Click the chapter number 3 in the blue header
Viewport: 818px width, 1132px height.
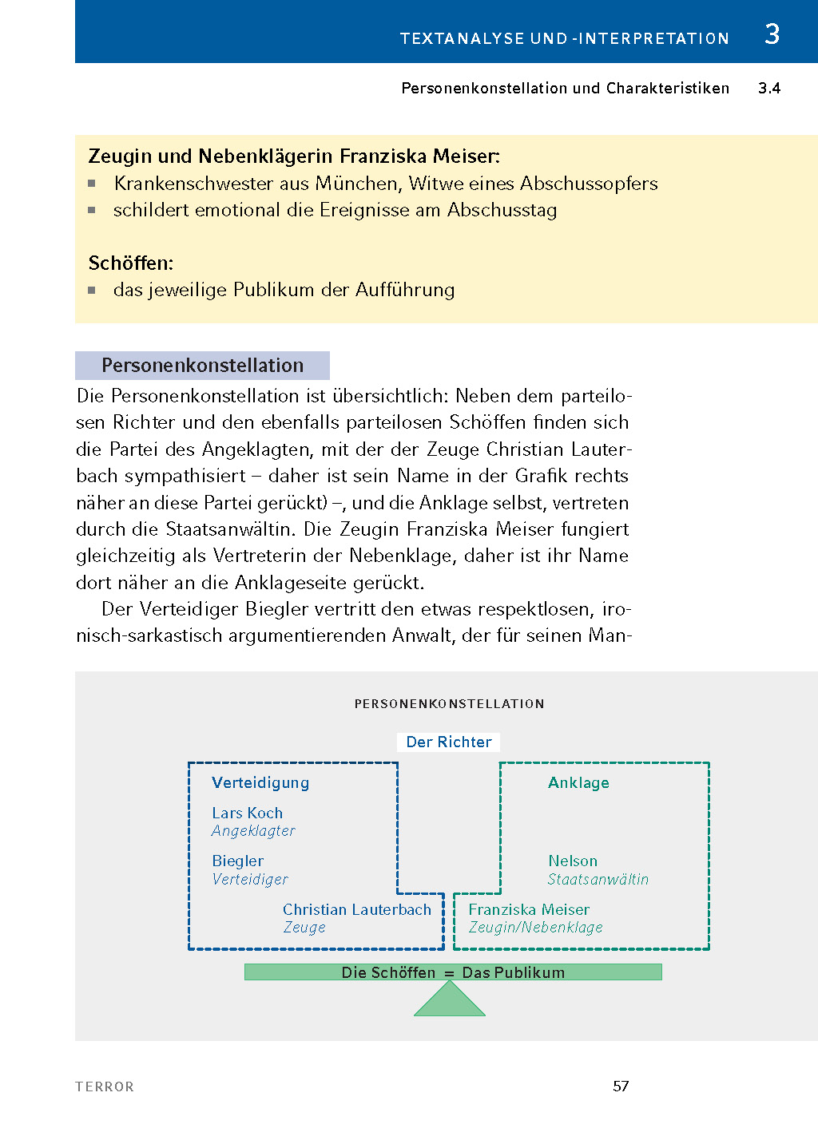click(772, 34)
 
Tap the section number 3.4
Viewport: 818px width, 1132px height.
click(768, 89)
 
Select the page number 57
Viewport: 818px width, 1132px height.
click(621, 1086)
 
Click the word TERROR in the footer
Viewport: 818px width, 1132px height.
click(105, 1086)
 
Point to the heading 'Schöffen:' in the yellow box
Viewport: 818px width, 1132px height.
click(131, 263)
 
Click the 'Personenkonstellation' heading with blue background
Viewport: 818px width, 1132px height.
click(202, 366)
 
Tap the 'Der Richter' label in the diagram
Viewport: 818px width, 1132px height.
click(448, 742)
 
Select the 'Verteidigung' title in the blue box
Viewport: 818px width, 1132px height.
click(260, 783)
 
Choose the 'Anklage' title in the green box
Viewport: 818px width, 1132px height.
click(578, 783)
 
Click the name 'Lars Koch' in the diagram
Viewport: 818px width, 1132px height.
click(247, 813)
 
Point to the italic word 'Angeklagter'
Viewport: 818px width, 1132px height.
click(253, 831)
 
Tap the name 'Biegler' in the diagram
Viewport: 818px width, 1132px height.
click(237, 861)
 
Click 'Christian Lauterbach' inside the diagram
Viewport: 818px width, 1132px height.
click(356, 910)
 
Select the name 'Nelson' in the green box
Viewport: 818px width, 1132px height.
click(572, 861)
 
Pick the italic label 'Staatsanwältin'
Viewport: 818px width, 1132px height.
click(598, 880)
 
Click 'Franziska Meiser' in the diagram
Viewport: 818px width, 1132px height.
click(529, 910)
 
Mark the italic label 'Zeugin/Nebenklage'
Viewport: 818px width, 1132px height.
click(535, 928)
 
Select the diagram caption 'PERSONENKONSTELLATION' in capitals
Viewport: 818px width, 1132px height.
click(449, 704)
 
